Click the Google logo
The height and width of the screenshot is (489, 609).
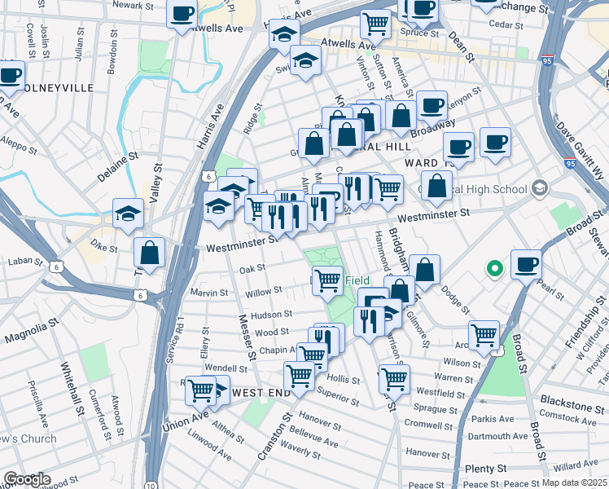26,479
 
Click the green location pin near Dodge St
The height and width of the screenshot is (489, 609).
493,268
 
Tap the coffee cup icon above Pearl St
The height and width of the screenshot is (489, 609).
525,264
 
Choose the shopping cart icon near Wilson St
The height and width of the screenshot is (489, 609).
484,333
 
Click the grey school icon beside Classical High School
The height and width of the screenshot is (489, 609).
538,189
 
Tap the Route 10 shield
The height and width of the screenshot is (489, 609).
151,484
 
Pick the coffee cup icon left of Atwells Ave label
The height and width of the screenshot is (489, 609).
182,13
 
